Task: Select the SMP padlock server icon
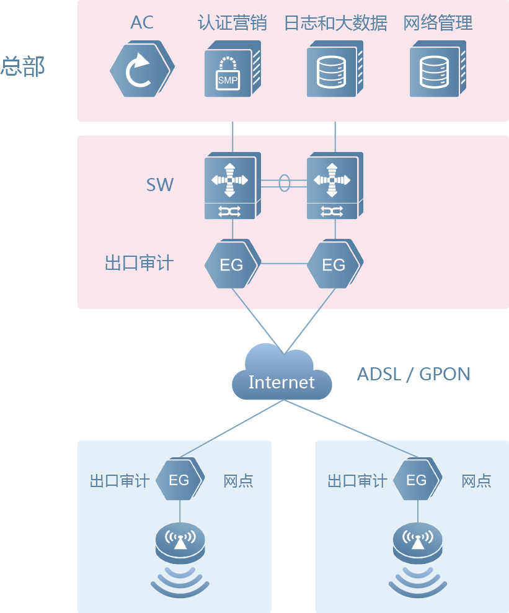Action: click(229, 69)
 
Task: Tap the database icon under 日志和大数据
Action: click(332, 69)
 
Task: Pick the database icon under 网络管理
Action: click(435, 69)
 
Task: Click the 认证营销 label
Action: click(232, 24)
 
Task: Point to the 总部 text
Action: click(23, 66)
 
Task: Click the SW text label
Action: click(160, 184)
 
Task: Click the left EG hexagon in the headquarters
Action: click(232, 265)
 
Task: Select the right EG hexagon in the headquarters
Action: click(334, 265)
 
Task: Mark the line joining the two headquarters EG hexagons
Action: click(283, 264)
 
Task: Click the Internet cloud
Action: click(281, 375)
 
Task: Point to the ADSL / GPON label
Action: click(413, 374)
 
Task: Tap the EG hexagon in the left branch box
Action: click(179, 480)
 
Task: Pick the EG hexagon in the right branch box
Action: click(417, 480)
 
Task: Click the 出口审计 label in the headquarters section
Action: click(139, 263)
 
